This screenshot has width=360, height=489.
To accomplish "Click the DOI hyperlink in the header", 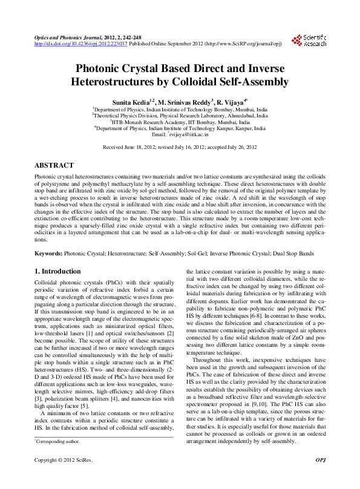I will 80,44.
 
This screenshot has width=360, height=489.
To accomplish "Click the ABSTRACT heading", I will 54,165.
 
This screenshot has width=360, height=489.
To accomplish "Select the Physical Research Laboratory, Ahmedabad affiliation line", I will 180,114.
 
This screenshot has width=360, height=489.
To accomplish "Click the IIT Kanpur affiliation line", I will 180,128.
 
